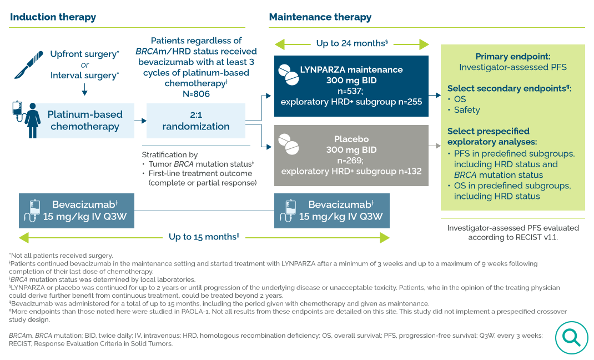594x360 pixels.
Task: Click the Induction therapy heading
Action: (x=53, y=17)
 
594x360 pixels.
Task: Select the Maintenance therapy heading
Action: (x=320, y=17)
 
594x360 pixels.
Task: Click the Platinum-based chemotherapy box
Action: (x=84, y=121)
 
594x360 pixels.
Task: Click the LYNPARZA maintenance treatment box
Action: (x=351, y=86)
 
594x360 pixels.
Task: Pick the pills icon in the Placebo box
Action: (x=288, y=143)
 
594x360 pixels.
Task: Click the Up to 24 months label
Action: (x=351, y=44)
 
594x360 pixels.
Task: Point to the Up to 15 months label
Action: (x=204, y=237)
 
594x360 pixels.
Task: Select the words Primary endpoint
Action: (x=512, y=57)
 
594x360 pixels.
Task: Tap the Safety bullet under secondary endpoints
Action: (x=466, y=110)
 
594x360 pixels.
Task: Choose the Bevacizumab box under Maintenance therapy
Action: (x=331, y=211)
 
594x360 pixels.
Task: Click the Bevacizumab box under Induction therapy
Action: (x=76, y=211)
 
